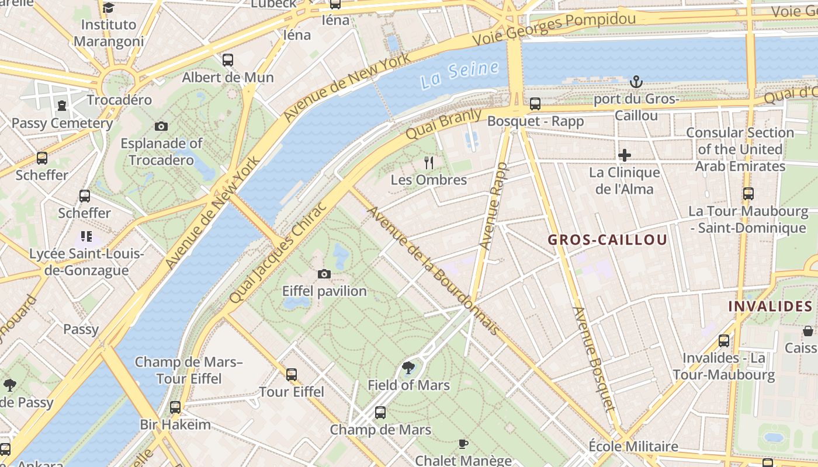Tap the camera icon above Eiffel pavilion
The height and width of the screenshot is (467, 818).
click(x=324, y=274)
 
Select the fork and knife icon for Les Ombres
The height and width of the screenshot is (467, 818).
click(x=429, y=162)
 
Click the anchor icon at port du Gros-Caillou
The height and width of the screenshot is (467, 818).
click(x=636, y=82)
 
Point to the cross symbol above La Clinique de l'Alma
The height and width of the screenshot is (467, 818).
click(x=625, y=155)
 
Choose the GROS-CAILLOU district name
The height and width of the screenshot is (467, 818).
click(x=608, y=240)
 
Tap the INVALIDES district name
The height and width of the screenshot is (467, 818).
click(x=770, y=306)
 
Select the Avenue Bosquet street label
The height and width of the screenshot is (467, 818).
click(x=594, y=358)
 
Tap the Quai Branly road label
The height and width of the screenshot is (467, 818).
click(x=444, y=123)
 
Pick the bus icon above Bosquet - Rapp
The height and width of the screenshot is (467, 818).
click(x=535, y=104)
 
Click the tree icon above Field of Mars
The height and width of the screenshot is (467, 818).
click(x=408, y=368)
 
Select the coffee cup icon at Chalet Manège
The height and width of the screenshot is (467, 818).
click(x=463, y=444)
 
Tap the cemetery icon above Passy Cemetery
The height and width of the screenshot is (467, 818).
click(x=62, y=106)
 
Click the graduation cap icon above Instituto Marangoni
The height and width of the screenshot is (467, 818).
click(x=108, y=8)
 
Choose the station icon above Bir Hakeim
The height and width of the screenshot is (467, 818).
click(x=175, y=407)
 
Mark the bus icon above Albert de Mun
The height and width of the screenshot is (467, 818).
click(x=228, y=60)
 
